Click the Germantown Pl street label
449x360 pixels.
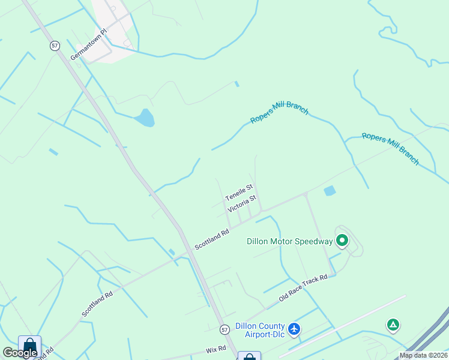pyautogui.click(x=88, y=46)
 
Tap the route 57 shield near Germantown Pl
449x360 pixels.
pyautogui.click(x=55, y=46)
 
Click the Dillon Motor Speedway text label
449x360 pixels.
pyautogui.click(x=289, y=241)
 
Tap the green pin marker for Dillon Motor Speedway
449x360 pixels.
pyautogui.click(x=342, y=241)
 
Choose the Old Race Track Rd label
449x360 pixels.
pyautogui.click(x=303, y=288)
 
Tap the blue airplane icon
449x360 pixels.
pyautogui.click(x=294, y=329)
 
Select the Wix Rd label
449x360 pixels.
pyautogui.click(x=215, y=348)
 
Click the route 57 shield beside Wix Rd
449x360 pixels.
pyautogui.click(x=224, y=329)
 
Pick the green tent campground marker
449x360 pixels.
pyautogui.click(x=393, y=325)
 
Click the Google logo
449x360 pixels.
pyautogui.click(x=20, y=353)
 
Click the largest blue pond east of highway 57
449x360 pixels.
pyautogui.click(x=145, y=118)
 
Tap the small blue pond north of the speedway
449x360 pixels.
pyautogui.click(x=330, y=191)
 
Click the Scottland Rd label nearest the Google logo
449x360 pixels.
pyautogui.click(x=97, y=305)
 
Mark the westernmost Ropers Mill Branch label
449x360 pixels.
pyautogui.click(x=279, y=112)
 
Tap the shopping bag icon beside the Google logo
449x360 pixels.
pyautogui.click(x=29, y=346)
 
